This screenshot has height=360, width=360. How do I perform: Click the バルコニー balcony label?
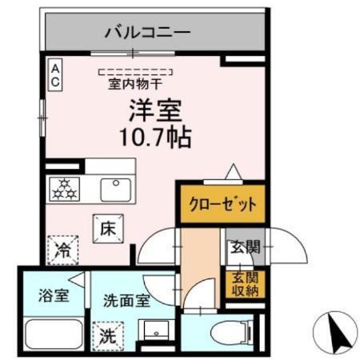tap(147, 33)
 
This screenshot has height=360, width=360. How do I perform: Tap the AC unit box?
tap(56, 78)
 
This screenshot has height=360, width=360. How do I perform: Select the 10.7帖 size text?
tap(154, 138)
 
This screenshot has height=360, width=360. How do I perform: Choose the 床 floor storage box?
tap(108, 227)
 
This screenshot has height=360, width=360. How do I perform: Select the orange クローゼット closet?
tap(221, 204)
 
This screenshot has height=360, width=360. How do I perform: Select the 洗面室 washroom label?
tap(126, 301)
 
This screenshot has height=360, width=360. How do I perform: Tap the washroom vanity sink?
tap(154, 332)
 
